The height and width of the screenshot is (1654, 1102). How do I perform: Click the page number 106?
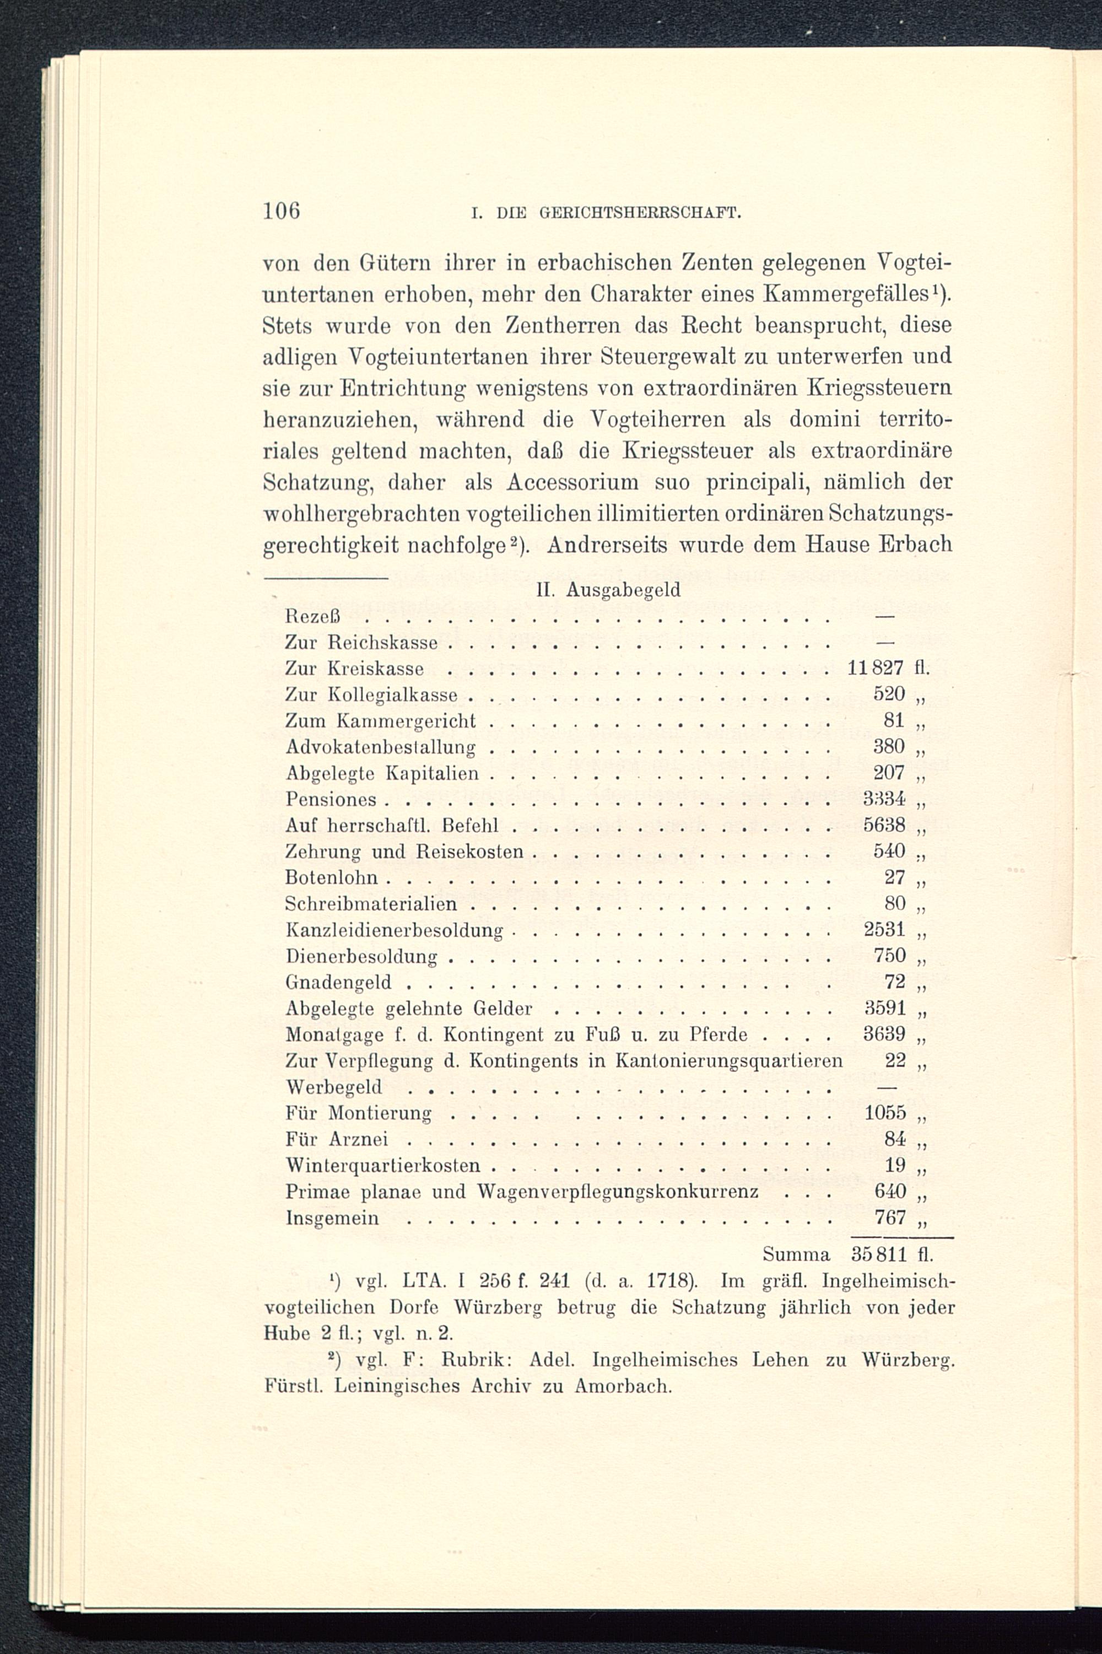pyautogui.click(x=282, y=211)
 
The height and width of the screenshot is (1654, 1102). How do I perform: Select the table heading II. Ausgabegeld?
pyautogui.click(x=608, y=590)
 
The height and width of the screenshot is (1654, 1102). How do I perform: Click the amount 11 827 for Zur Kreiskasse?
pyautogui.click(x=875, y=668)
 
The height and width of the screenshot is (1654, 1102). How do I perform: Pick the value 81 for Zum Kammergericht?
pyautogui.click(x=893, y=720)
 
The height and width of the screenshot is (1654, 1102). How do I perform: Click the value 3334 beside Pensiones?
pyautogui.click(x=883, y=799)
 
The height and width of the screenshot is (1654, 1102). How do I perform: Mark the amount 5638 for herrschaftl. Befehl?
pyautogui.click(x=883, y=825)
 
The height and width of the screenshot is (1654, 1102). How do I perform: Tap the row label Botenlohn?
pyautogui.click(x=331, y=878)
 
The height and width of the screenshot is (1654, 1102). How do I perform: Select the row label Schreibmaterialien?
pyautogui.click(x=370, y=904)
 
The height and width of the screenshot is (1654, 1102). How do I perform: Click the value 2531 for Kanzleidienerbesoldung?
pyautogui.click(x=883, y=930)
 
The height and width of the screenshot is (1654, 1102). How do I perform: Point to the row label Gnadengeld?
pyautogui.click(x=338, y=983)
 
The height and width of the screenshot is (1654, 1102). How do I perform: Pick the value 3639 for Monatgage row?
pyautogui.click(x=883, y=1035)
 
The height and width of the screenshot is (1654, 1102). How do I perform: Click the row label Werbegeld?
pyautogui.click(x=334, y=1087)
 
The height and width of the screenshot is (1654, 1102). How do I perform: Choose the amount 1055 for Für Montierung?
pyautogui.click(x=883, y=1113)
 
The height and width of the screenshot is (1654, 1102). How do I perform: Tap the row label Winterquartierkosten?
pyautogui.click(x=382, y=1166)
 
